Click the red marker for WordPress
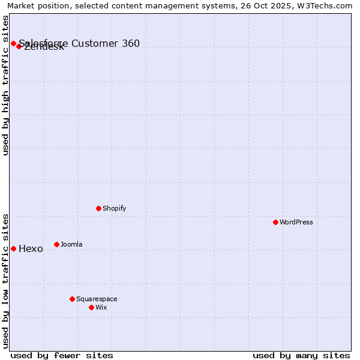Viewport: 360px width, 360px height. pyautogui.click(x=275, y=222)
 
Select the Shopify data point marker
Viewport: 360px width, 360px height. pyautogui.click(x=98, y=208)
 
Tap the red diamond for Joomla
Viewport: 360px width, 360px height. pyautogui.click(x=56, y=244)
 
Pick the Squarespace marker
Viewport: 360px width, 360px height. pyautogui.click(x=72, y=299)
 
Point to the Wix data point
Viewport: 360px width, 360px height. pyautogui.click(x=91, y=307)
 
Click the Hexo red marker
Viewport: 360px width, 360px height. pyautogui.click(x=13, y=248)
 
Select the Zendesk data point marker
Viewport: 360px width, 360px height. pyautogui.click(x=19, y=46)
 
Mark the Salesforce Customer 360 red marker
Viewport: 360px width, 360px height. pyautogui.click(x=13, y=43)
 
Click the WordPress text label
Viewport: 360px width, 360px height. pyautogui.click(x=296, y=222)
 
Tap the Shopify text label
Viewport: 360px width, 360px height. pyautogui.click(x=114, y=208)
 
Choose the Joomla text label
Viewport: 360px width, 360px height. pyautogui.click(x=71, y=244)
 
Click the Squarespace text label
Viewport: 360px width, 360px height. pyautogui.click(x=97, y=299)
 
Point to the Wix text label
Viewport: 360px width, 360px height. pyautogui.click(x=101, y=307)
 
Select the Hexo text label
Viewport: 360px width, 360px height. pyautogui.click(x=31, y=249)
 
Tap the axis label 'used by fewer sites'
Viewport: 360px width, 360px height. pyautogui.click(x=62, y=355)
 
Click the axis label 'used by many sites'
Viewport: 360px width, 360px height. pyautogui.click(x=301, y=355)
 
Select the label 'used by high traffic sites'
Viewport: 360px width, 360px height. pyautogui.click(x=6, y=85)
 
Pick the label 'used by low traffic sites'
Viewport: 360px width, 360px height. pyautogui.click(x=6, y=280)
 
